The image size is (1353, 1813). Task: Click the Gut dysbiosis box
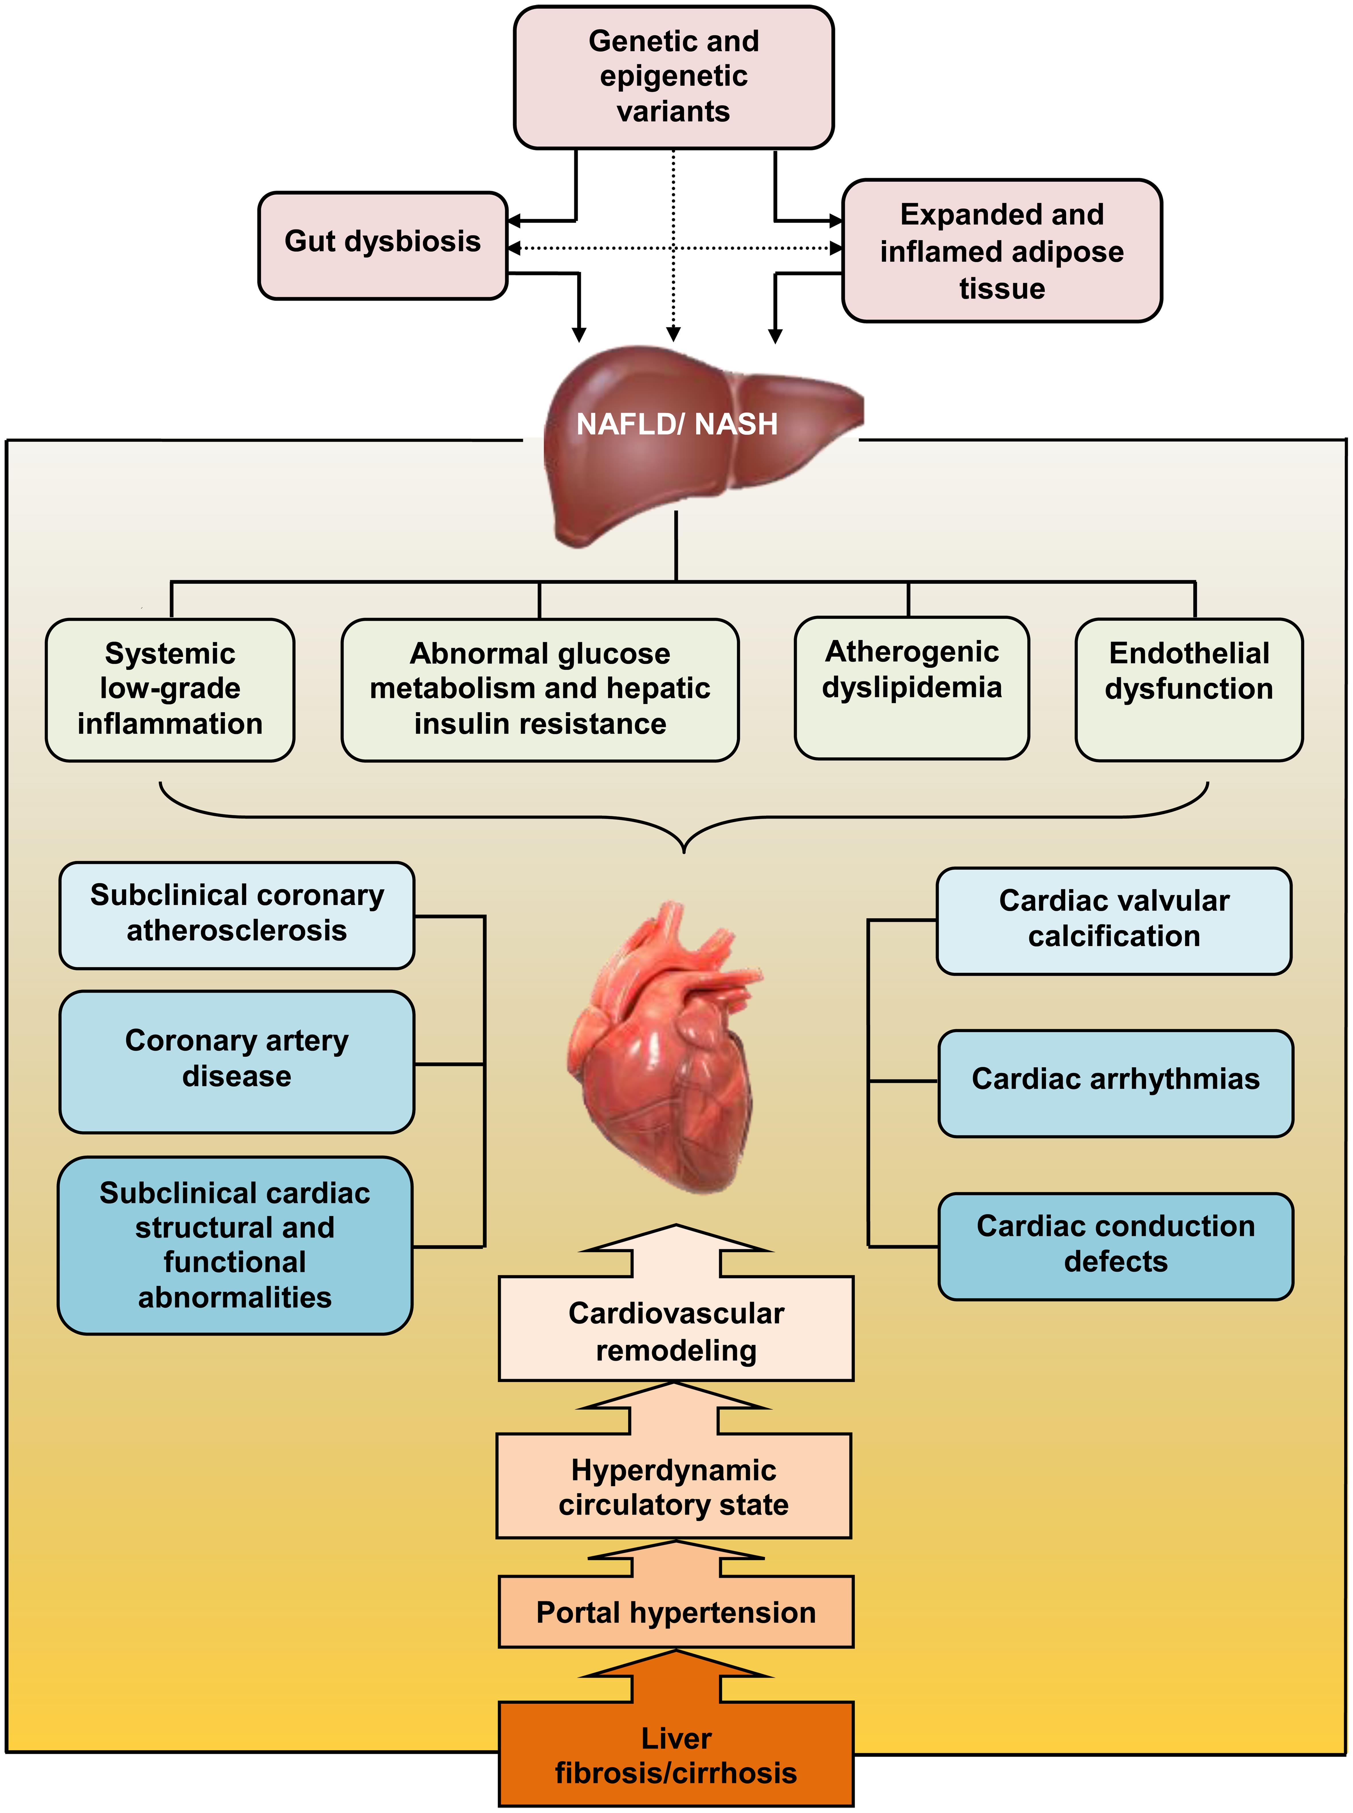tap(382, 245)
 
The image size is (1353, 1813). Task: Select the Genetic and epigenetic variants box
tap(673, 77)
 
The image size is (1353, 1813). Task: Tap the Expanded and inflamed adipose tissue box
tap(1002, 251)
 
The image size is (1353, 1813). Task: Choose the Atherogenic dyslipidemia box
tap(912, 687)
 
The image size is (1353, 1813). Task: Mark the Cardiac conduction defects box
tap(1116, 1245)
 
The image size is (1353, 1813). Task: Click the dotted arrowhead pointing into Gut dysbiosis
tap(514, 247)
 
